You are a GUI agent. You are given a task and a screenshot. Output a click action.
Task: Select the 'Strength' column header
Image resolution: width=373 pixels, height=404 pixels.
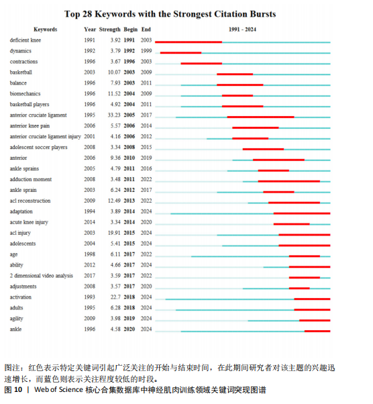[x=110, y=30]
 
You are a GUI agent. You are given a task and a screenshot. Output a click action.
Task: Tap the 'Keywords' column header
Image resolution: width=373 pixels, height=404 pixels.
[x=46, y=30]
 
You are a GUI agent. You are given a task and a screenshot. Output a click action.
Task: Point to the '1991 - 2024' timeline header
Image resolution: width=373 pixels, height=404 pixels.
[x=242, y=30]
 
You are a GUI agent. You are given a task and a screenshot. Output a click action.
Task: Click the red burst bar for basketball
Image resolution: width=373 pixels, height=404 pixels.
[x=235, y=74]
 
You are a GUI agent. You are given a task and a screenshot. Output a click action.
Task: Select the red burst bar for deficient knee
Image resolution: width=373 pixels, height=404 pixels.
[x=189, y=42]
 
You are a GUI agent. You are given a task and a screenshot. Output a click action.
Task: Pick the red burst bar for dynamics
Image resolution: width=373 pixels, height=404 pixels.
[x=181, y=53]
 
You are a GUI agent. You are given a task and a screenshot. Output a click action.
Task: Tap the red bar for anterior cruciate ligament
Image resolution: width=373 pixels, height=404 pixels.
[x=261, y=117]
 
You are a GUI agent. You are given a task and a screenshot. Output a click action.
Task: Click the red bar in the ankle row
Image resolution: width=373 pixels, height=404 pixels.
[x=317, y=331]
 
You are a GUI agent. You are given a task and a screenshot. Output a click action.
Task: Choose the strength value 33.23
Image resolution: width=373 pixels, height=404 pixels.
[x=114, y=115]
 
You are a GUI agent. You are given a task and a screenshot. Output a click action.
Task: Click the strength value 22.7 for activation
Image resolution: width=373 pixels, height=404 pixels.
[x=115, y=297]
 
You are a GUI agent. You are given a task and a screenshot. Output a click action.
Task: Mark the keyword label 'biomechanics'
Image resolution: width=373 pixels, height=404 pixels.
[x=25, y=93]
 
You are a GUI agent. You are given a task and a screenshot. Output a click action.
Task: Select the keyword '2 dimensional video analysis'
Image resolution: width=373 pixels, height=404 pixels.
[x=42, y=276]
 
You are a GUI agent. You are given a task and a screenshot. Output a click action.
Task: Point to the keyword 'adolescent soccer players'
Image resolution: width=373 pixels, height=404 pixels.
[x=39, y=148]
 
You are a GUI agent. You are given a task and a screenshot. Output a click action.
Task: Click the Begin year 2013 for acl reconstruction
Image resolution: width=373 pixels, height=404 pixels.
[x=129, y=201]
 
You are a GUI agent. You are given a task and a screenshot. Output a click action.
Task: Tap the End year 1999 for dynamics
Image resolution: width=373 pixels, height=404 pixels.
[x=146, y=51]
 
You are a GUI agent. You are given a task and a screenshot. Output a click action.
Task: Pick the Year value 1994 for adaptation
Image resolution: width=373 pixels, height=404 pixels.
[x=90, y=211]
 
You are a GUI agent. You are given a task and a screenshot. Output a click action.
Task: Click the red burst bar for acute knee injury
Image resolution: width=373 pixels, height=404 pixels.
[x=292, y=224]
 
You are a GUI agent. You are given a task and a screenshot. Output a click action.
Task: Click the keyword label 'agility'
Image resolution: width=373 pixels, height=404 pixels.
[x=17, y=319]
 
